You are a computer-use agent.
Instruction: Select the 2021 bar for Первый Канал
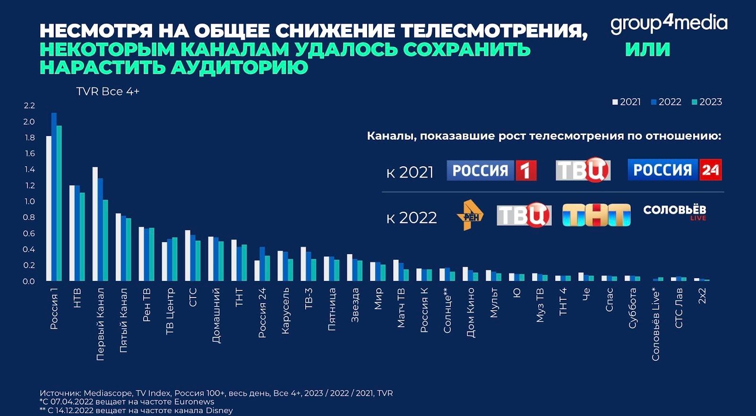coord(95,224)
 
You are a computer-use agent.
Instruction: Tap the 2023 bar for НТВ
coord(82,237)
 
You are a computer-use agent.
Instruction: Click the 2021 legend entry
coord(627,102)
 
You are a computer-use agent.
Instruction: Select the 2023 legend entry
coord(707,102)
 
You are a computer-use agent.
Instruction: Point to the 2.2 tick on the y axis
coord(29,105)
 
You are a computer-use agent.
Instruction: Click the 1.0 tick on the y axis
coord(29,201)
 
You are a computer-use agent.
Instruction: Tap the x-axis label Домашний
coord(216,315)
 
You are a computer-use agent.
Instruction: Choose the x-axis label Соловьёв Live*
coord(655,324)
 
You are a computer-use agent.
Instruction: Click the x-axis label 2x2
coord(702,296)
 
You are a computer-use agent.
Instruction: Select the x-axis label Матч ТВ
coord(401,307)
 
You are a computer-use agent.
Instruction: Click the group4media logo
coord(669,24)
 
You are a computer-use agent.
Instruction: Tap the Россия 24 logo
coord(674,170)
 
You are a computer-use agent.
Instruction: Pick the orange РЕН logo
coord(470,215)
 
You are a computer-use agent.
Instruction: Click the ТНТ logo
coord(596,215)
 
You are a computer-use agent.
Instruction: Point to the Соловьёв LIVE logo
coord(674,212)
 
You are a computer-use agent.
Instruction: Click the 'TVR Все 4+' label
coord(108,92)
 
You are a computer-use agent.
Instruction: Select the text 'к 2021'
coord(410,172)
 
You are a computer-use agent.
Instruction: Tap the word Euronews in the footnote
coord(194,402)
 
